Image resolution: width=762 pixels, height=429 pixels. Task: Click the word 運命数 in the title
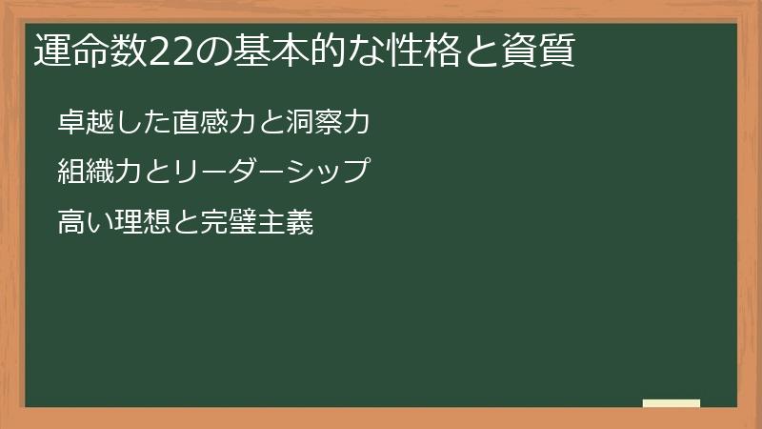click(78, 51)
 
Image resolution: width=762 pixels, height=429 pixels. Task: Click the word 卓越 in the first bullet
click(83, 121)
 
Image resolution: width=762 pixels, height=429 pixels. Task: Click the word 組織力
click(95, 173)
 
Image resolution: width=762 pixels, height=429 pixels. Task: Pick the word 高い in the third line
click(83, 224)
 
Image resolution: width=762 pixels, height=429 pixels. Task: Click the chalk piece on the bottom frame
click(672, 403)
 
